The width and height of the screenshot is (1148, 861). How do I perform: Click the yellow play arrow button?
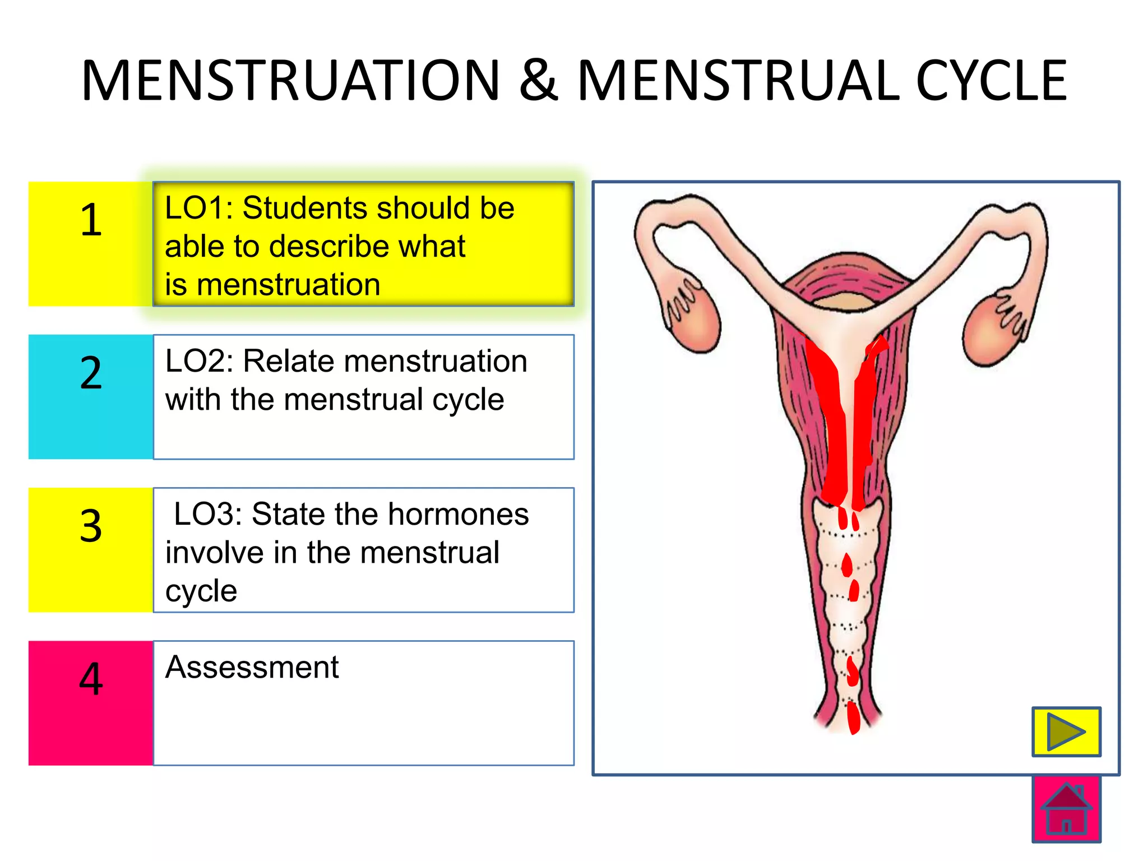(x=1066, y=732)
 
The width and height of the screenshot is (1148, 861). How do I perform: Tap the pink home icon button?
(x=1066, y=809)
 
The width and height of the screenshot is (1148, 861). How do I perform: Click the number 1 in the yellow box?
(x=91, y=220)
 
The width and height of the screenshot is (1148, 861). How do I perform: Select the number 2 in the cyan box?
(x=91, y=373)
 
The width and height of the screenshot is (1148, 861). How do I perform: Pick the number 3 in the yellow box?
(x=91, y=526)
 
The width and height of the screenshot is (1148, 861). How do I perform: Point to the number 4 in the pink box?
(x=91, y=679)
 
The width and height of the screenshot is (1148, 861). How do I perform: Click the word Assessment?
(x=252, y=667)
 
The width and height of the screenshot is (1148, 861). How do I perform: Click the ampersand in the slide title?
(x=539, y=81)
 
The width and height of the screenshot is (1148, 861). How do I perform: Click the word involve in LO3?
(x=215, y=553)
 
